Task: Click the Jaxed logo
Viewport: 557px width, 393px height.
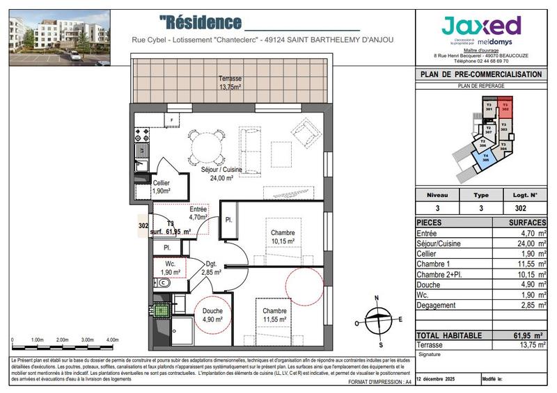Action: [x=481, y=28]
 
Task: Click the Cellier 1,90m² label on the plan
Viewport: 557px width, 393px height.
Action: [x=162, y=186]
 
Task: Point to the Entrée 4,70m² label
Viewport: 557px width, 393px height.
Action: [x=198, y=213]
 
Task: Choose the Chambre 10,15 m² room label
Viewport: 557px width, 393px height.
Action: [x=283, y=236]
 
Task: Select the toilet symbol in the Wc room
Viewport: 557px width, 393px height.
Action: [x=164, y=284]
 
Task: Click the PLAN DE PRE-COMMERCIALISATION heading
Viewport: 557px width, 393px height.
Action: [x=480, y=74]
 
